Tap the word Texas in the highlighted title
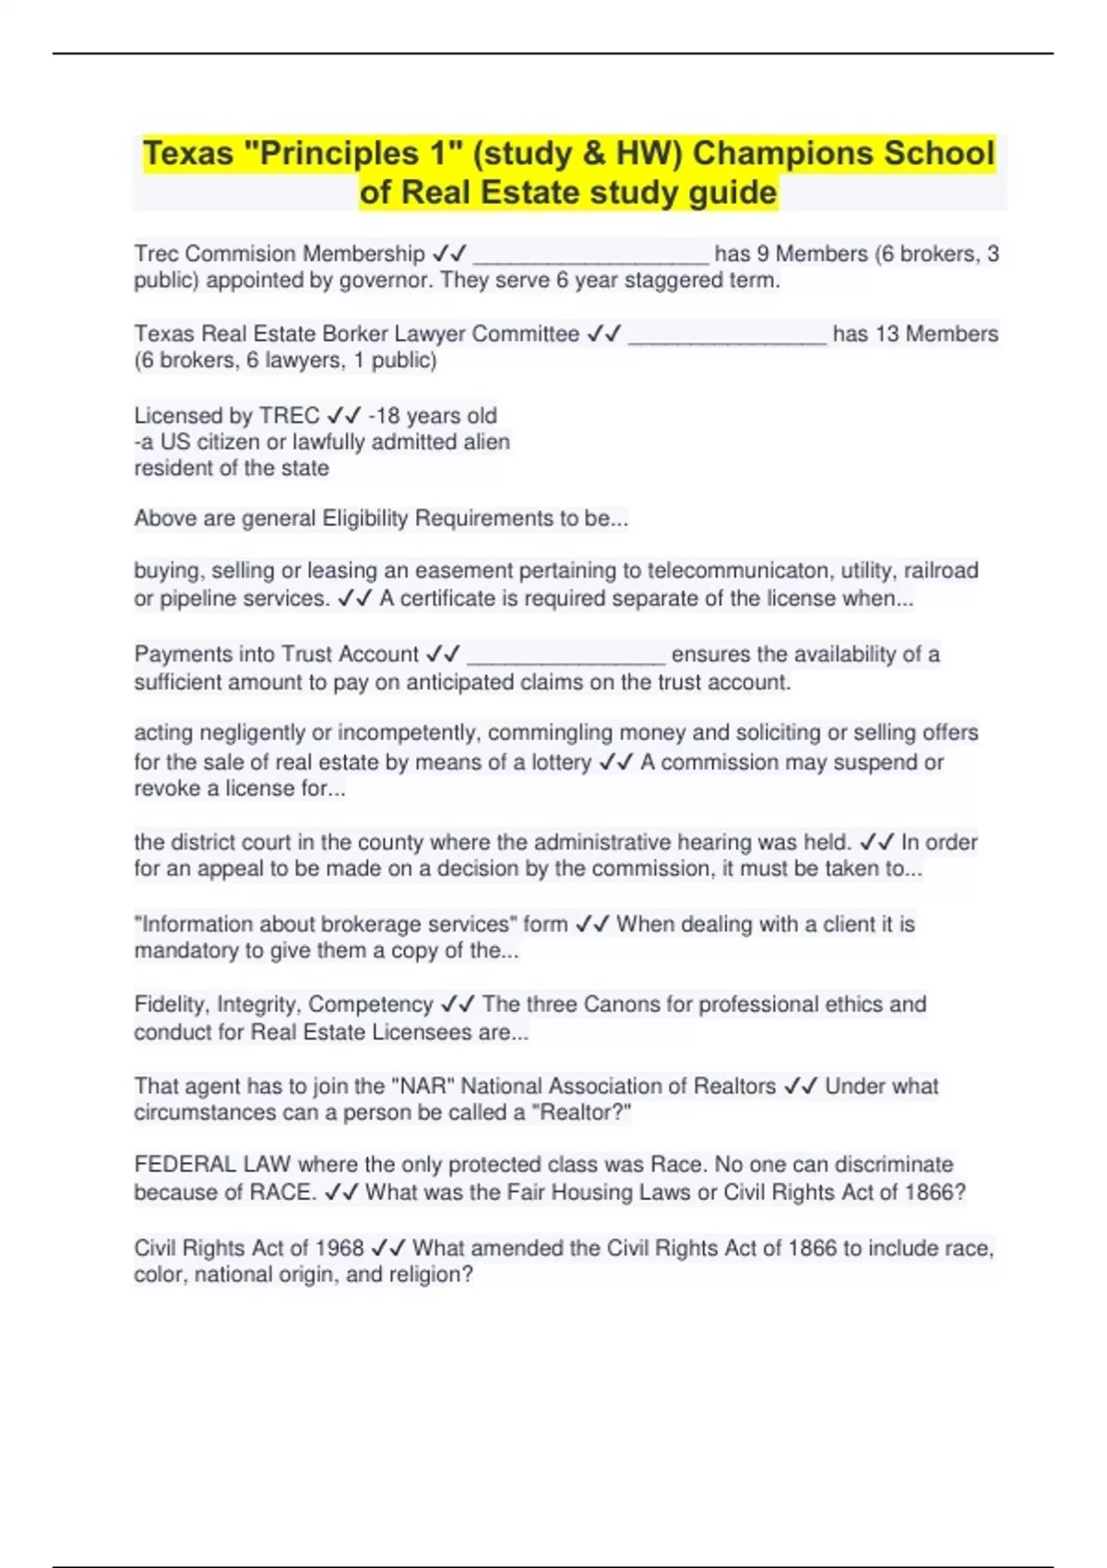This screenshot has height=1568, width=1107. point(188,153)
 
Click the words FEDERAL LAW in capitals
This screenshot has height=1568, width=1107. point(212,1165)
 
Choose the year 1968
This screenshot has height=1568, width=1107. point(339,1249)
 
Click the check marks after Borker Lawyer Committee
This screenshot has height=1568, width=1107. point(604,334)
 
